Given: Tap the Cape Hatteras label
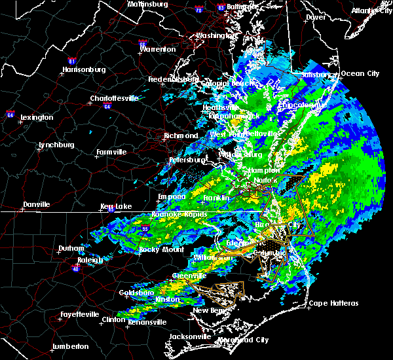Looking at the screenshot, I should (333, 303).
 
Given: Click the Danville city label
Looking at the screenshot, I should (36, 205).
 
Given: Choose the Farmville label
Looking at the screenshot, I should (111, 152).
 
